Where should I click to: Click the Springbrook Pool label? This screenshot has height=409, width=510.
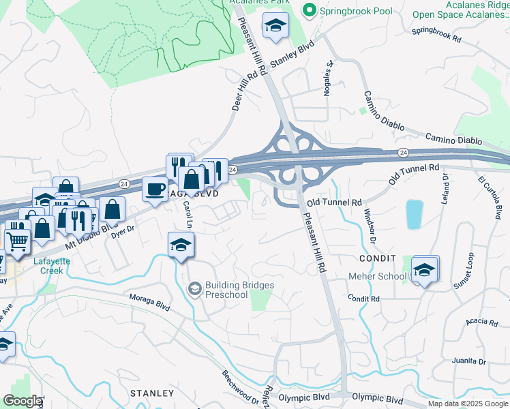352,10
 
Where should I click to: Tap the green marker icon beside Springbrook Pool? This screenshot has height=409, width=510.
310,10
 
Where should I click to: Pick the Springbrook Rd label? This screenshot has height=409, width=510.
436,35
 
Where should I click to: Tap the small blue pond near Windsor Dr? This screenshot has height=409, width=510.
414,215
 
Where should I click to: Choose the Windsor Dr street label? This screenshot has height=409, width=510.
368,226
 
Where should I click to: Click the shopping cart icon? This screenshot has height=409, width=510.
17,239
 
